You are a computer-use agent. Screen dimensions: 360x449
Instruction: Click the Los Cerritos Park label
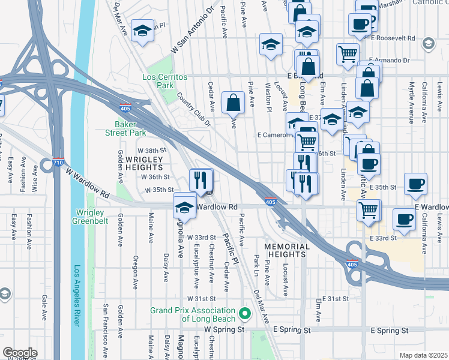[x=165, y=82]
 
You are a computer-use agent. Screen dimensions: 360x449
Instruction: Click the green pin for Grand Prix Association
[x=244, y=313]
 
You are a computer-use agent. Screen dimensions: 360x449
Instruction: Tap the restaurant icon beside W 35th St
[x=201, y=179]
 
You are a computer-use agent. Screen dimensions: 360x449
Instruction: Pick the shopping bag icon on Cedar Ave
[x=233, y=103]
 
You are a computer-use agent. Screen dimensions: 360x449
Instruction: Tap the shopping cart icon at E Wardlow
[x=368, y=210]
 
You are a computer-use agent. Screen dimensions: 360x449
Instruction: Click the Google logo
[x=20, y=353]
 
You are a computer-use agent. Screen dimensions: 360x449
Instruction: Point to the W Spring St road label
[x=224, y=330]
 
